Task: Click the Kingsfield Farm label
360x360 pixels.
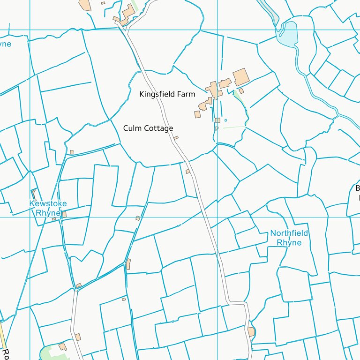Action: point(167,94)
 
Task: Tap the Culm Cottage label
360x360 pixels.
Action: point(148,128)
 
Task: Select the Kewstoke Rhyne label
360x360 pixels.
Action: point(48,208)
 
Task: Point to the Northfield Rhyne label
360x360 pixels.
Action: point(289,238)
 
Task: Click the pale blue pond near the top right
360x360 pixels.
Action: point(287,33)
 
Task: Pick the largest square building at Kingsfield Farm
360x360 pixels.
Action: point(241,77)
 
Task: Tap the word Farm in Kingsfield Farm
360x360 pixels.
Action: point(186,94)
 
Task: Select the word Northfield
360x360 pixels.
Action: point(289,233)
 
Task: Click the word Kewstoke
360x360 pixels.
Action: point(48,204)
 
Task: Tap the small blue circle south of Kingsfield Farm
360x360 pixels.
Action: point(225,120)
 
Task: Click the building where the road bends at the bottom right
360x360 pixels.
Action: point(251,332)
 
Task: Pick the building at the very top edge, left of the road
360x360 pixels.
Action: point(85,4)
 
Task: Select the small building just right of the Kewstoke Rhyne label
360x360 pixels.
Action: point(64,214)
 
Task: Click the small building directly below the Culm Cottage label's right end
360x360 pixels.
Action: point(176,138)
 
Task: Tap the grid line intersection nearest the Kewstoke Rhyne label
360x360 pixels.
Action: point(30,217)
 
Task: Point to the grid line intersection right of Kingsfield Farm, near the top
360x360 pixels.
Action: point(217,30)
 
